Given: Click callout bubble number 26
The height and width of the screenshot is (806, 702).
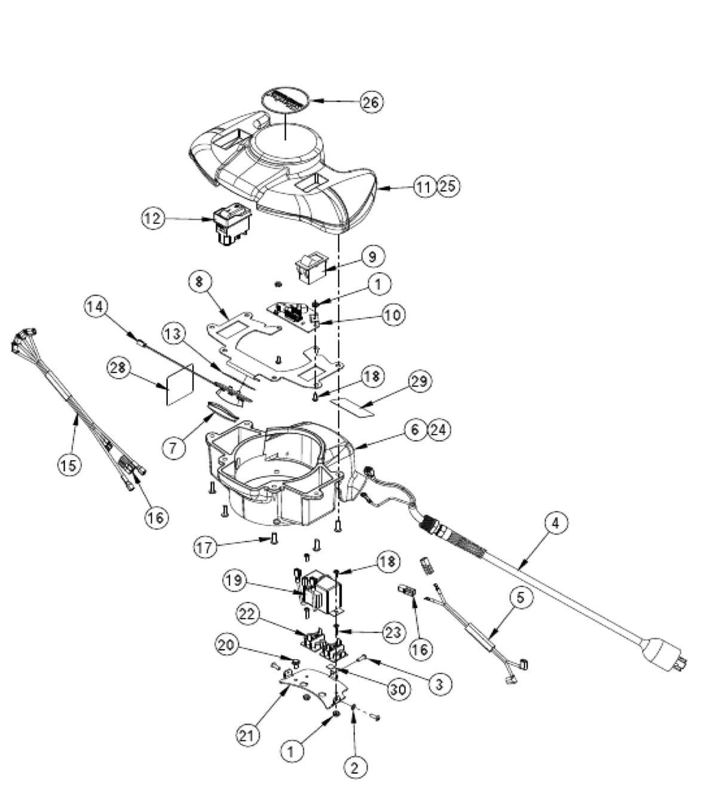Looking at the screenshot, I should [371, 101].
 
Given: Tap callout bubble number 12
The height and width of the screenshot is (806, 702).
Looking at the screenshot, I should [154, 219].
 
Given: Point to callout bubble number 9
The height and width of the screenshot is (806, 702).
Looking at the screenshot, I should [373, 257].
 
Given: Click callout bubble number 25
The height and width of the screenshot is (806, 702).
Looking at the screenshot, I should [448, 186].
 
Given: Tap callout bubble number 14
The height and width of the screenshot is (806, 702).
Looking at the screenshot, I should [95, 307].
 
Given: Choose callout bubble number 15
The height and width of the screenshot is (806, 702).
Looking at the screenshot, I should [69, 464].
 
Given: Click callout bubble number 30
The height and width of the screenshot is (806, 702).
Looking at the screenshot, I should [398, 689].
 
